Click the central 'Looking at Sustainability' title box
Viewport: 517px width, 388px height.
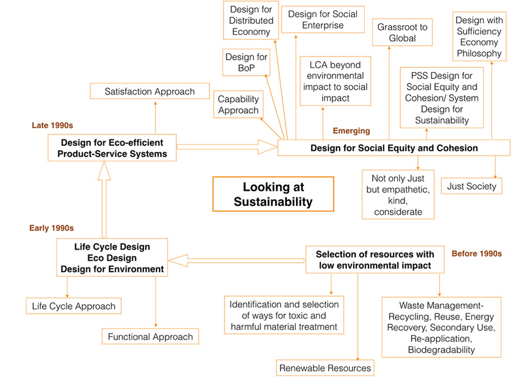tap(273, 194)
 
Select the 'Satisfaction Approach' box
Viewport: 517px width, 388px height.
tap(149, 92)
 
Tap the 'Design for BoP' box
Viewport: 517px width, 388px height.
tap(247, 63)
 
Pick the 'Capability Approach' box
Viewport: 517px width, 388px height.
tap(238, 104)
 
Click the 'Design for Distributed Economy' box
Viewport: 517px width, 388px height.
tap(251, 21)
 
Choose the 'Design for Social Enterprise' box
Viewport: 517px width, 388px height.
tap(323, 20)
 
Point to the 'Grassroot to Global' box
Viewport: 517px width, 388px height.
tap(403, 32)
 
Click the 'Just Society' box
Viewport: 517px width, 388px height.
tap(471, 186)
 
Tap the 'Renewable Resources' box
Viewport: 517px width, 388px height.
tap(325, 368)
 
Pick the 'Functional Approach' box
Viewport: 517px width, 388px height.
tap(150, 337)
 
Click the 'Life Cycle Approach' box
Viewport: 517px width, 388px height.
tap(73, 306)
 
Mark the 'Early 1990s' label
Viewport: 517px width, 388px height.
tap(52, 228)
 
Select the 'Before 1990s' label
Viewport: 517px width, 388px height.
tap(477, 254)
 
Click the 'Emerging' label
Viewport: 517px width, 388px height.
tap(351, 131)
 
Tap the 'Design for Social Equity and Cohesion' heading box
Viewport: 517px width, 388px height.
tap(394, 148)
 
